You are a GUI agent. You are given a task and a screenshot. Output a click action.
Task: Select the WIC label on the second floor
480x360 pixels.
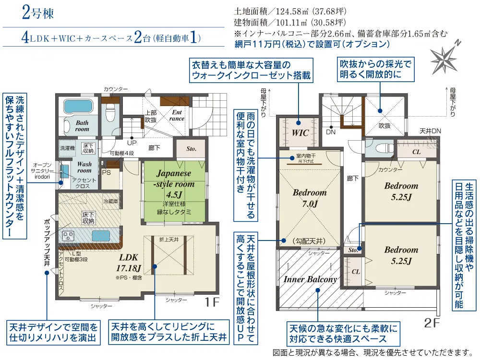300,133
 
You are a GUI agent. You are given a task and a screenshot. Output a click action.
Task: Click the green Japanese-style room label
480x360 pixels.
174,184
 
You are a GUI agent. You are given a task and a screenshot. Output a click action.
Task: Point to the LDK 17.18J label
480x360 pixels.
129,263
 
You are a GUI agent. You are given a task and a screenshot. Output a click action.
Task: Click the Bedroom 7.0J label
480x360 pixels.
310,198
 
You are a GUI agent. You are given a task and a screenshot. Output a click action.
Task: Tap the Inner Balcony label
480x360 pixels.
310,279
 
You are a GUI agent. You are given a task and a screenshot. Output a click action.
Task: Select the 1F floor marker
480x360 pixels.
212,302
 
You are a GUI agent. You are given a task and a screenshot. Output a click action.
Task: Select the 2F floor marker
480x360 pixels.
432,323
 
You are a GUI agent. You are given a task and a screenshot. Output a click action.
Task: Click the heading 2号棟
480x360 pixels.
38,13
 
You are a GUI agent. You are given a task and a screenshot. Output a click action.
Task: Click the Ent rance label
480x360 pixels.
177,115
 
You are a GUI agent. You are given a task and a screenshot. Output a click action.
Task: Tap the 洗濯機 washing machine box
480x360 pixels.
67,148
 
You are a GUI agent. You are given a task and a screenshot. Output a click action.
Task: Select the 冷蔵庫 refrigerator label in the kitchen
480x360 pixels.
111,202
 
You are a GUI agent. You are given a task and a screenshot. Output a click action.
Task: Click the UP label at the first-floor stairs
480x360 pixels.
132,143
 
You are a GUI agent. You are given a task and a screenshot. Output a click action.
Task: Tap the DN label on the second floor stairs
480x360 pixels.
331,132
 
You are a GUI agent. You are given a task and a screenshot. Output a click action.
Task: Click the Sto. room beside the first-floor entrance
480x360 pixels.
192,149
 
